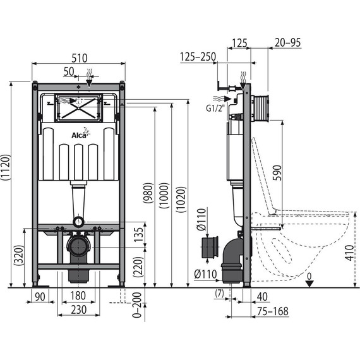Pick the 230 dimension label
[78, 309]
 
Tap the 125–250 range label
[198, 57]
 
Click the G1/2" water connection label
[215, 108]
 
